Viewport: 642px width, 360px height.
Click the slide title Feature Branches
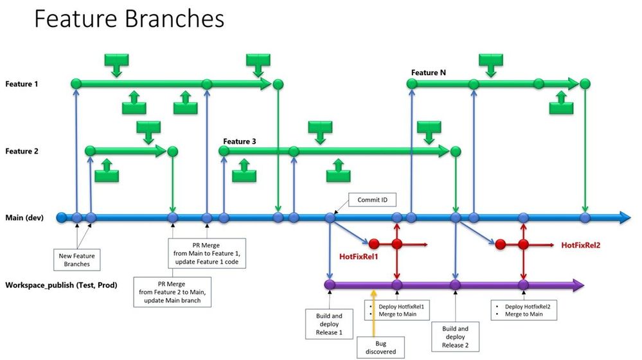129,19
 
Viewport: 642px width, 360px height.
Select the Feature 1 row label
22,84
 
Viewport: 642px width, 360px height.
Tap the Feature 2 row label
22,152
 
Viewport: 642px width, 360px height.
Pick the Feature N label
429,73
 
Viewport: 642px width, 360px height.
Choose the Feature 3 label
240,141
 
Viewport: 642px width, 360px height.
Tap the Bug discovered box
377,347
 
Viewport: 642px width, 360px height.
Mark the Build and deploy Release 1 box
329,324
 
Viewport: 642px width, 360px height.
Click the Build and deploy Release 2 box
455,336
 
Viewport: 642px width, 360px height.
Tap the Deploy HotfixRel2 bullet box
525,310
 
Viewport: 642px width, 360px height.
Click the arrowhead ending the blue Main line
625,218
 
